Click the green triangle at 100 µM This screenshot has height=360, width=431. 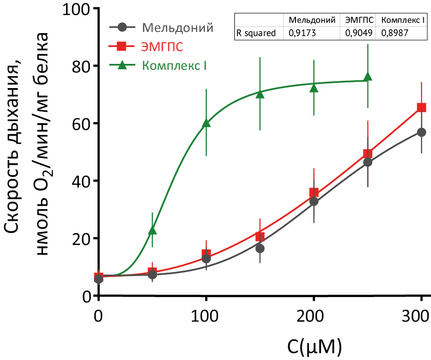(206, 123)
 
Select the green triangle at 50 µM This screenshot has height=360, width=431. (152, 230)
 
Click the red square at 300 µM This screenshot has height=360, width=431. (421, 108)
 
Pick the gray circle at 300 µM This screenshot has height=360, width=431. (421, 132)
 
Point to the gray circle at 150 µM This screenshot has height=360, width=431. (260, 249)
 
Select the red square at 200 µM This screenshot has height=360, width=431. (314, 193)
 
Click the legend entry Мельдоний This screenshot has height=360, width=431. (177, 27)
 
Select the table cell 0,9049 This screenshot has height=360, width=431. (358, 33)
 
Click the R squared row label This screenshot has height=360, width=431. (256, 33)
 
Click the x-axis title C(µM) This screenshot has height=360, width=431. (314, 347)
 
